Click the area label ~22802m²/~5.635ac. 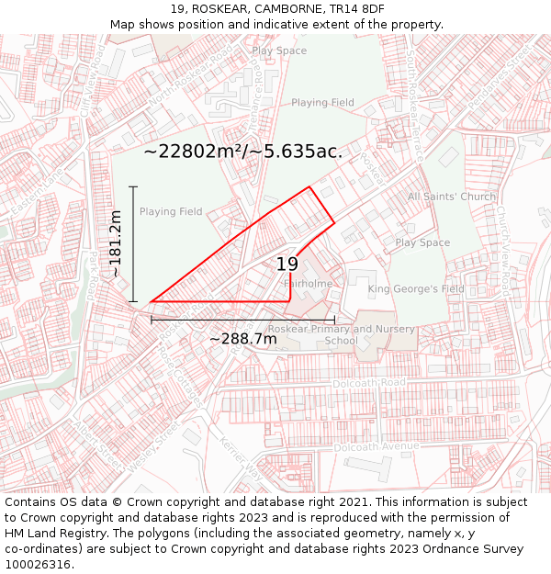tap(243, 152)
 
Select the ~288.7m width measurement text tap(243, 339)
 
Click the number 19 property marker tap(287, 264)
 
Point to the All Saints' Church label tap(452, 197)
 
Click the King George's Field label tap(416, 289)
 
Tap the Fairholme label tap(309, 284)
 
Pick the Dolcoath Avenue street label tap(377, 447)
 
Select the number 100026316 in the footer tap(38, 564)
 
